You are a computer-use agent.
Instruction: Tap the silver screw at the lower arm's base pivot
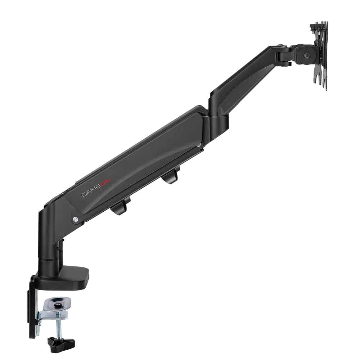[x=75, y=219]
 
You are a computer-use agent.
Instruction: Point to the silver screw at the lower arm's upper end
[x=199, y=145]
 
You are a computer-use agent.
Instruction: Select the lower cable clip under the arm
[x=121, y=206]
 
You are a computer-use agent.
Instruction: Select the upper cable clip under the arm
[x=171, y=175]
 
